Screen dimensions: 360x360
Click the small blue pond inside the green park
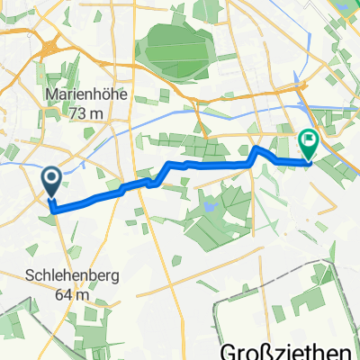tap(209, 206)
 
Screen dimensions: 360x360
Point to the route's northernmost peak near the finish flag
tap(256, 147)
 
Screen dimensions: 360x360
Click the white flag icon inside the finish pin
tap(309, 140)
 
